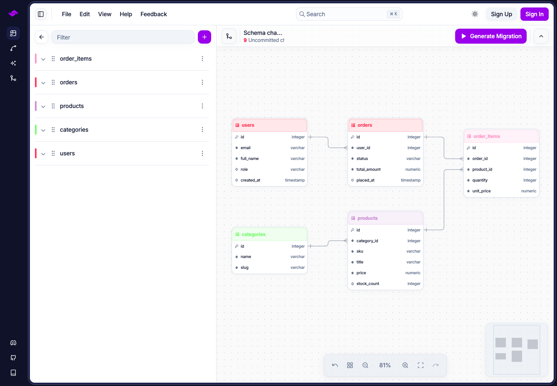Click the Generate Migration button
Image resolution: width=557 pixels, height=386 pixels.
tap(490, 36)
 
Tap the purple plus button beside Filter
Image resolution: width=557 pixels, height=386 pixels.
tap(205, 37)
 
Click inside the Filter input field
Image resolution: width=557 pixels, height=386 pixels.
tap(123, 37)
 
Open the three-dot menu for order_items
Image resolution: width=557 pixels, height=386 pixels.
tap(202, 59)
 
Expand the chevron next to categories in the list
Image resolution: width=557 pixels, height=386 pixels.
tap(43, 130)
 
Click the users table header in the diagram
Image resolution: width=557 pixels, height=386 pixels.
tap(269, 125)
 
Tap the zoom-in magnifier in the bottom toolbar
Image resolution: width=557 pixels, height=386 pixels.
tap(405, 365)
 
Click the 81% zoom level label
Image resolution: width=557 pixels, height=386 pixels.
tap(384, 365)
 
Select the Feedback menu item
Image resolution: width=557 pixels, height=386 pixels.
tap(153, 14)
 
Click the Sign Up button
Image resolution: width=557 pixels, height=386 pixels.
tap(501, 14)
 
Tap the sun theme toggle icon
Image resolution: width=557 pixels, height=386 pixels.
tap(475, 14)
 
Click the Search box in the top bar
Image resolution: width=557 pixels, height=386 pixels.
tap(349, 14)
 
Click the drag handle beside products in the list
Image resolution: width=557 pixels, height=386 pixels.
tap(53, 106)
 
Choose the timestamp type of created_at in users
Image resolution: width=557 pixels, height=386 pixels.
tap(295, 180)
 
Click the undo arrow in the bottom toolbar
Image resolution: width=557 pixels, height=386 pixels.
tap(335, 365)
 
